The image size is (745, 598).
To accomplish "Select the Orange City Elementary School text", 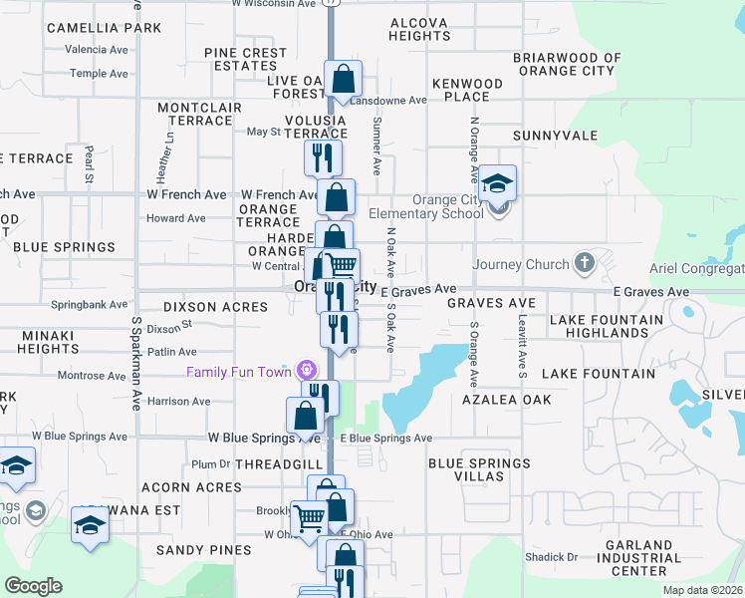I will tap(425, 206).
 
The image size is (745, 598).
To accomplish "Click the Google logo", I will tap(33, 585).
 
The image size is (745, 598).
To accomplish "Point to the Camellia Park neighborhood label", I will tap(104, 28).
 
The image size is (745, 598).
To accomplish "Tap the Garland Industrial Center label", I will tap(639, 558).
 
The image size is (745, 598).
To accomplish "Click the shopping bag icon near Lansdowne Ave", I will tap(343, 80).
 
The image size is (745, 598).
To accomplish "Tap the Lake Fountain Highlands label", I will tap(606, 326).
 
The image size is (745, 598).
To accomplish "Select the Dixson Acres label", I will tap(215, 308).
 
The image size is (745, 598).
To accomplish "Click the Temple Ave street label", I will tap(99, 74).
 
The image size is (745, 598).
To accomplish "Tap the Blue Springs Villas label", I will tap(479, 469).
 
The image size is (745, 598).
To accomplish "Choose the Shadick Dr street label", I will tap(559, 557).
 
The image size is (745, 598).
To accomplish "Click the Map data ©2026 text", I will tap(701, 590).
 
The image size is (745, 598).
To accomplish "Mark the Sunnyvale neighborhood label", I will tap(555, 136).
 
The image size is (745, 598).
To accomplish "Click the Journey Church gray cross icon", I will tap(585, 264).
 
